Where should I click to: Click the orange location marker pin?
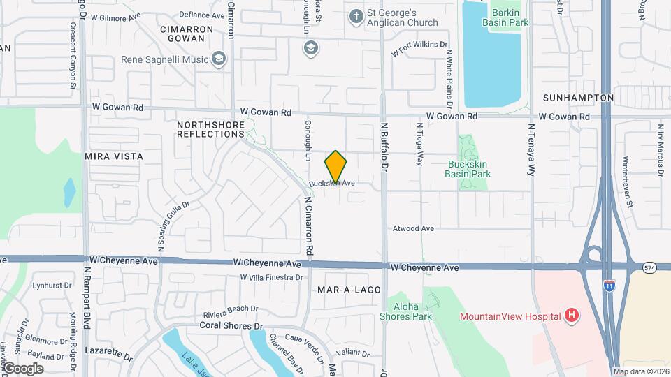[335, 167]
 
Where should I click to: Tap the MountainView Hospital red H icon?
[572, 316]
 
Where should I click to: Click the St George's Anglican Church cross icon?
[356, 16]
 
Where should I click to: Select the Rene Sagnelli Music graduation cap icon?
[219, 59]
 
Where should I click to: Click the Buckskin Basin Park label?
[469, 169]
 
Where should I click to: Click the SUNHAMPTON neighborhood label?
[578, 98]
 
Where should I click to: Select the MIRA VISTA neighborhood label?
[114, 156]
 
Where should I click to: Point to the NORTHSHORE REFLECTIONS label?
[210, 129]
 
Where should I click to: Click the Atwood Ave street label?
[413, 228]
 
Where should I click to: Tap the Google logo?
[23, 368]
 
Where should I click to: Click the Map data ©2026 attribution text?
[641, 371]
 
